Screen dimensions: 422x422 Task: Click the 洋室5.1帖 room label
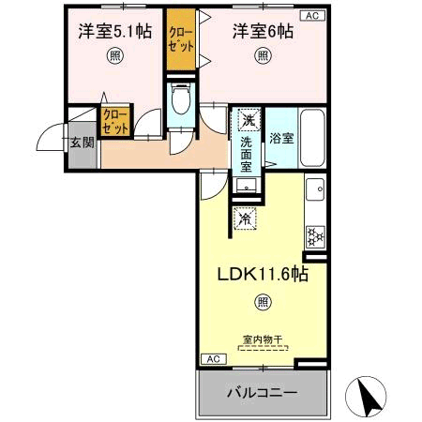click(x=115, y=31)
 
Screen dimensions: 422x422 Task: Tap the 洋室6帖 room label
click(x=263, y=31)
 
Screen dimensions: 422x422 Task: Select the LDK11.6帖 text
click(x=263, y=274)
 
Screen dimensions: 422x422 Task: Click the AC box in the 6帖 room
click(x=312, y=16)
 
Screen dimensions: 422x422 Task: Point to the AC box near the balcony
click(x=214, y=359)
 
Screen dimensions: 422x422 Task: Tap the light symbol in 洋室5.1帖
click(x=115, y=56)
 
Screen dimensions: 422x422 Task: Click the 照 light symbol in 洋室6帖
click(x=263, y=56)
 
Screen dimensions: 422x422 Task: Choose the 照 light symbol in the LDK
click(x=263, y=302)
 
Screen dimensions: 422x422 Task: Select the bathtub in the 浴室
click(x=312, y=138)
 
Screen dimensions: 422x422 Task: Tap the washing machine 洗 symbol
click(x=249, y=119)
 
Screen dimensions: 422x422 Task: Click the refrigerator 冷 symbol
click(x=245, y=219)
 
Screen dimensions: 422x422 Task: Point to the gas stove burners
click(x=315, y=236)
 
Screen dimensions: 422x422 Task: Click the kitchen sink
click(x=315, y=189)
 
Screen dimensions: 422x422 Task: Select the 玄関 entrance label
click(x=82, y=143)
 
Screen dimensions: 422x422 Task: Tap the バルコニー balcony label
click(x=262, y=393)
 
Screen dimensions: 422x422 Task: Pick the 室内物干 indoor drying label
click(x=263, y=339)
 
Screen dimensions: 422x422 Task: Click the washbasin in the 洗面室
click(x=247, y=186)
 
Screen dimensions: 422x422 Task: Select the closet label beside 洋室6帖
click(x=181, y=39)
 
